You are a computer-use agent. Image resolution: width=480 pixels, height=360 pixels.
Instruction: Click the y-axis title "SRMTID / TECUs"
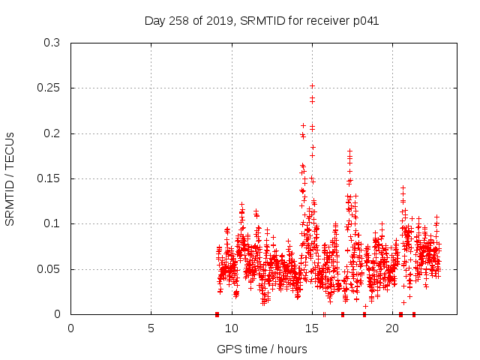(x=10, y=178)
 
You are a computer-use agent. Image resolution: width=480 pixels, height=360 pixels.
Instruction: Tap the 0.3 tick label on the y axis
(x=52, y=43)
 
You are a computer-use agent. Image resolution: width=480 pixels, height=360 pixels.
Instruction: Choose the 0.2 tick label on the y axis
(x=52, y=133)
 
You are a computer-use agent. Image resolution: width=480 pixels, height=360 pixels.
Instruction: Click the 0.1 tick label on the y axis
(x=52, y=223)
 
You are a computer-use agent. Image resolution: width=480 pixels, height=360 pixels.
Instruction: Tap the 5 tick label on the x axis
(x=151, y=328)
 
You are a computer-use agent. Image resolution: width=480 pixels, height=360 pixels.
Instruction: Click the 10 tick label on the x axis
(x=232, y=328)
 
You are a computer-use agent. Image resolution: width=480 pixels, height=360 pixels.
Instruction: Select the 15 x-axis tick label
(x=312, y=328)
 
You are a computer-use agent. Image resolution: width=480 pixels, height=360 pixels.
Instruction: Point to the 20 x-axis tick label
(x=392, y=328)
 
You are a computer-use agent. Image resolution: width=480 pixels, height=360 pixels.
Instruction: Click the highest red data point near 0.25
(x=312, y=85)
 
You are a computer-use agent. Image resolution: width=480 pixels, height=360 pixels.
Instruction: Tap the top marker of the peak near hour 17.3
(x=349, y=151)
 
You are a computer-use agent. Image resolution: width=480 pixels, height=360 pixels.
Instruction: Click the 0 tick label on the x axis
(x=71, y=328)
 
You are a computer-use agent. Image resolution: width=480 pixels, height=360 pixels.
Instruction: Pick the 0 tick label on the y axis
(x=58, y=314)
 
